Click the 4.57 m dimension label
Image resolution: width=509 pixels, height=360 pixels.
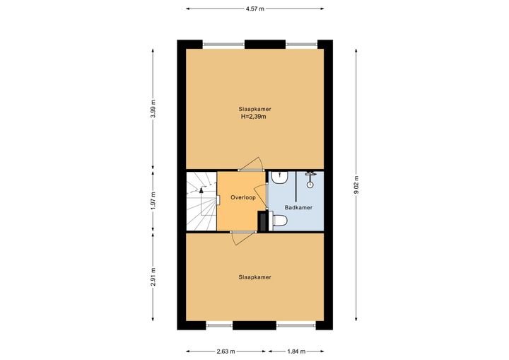[255, 8]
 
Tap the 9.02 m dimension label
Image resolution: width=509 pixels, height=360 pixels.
[356, 185]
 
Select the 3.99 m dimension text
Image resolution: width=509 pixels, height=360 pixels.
[153, 109]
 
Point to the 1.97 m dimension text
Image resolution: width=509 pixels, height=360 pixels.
[153, 200]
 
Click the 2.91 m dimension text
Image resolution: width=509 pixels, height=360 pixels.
[153, 277]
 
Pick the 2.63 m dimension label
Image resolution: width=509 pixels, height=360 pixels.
[226, 352]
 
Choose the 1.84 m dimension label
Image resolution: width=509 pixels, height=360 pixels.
[296, 352]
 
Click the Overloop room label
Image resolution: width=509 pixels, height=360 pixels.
[243, 197]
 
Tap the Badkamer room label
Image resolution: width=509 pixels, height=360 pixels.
[298, 207]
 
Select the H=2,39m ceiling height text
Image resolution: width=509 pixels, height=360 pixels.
[253, 117]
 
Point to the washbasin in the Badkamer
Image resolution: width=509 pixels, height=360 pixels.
[280, 178]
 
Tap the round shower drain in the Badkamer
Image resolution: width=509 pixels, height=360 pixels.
[310, 185]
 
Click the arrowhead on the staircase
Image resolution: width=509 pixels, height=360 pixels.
[201, 190]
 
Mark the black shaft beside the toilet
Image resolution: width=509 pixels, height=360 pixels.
[262, 221]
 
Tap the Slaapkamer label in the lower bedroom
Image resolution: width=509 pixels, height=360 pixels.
[255, 277]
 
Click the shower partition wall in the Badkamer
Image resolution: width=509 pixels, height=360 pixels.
[296, 186]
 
